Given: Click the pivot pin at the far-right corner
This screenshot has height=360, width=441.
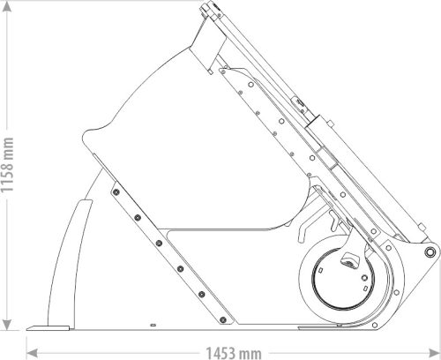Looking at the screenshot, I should point(429,253).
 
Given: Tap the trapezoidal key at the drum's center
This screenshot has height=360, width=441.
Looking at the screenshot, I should point(348,260).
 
